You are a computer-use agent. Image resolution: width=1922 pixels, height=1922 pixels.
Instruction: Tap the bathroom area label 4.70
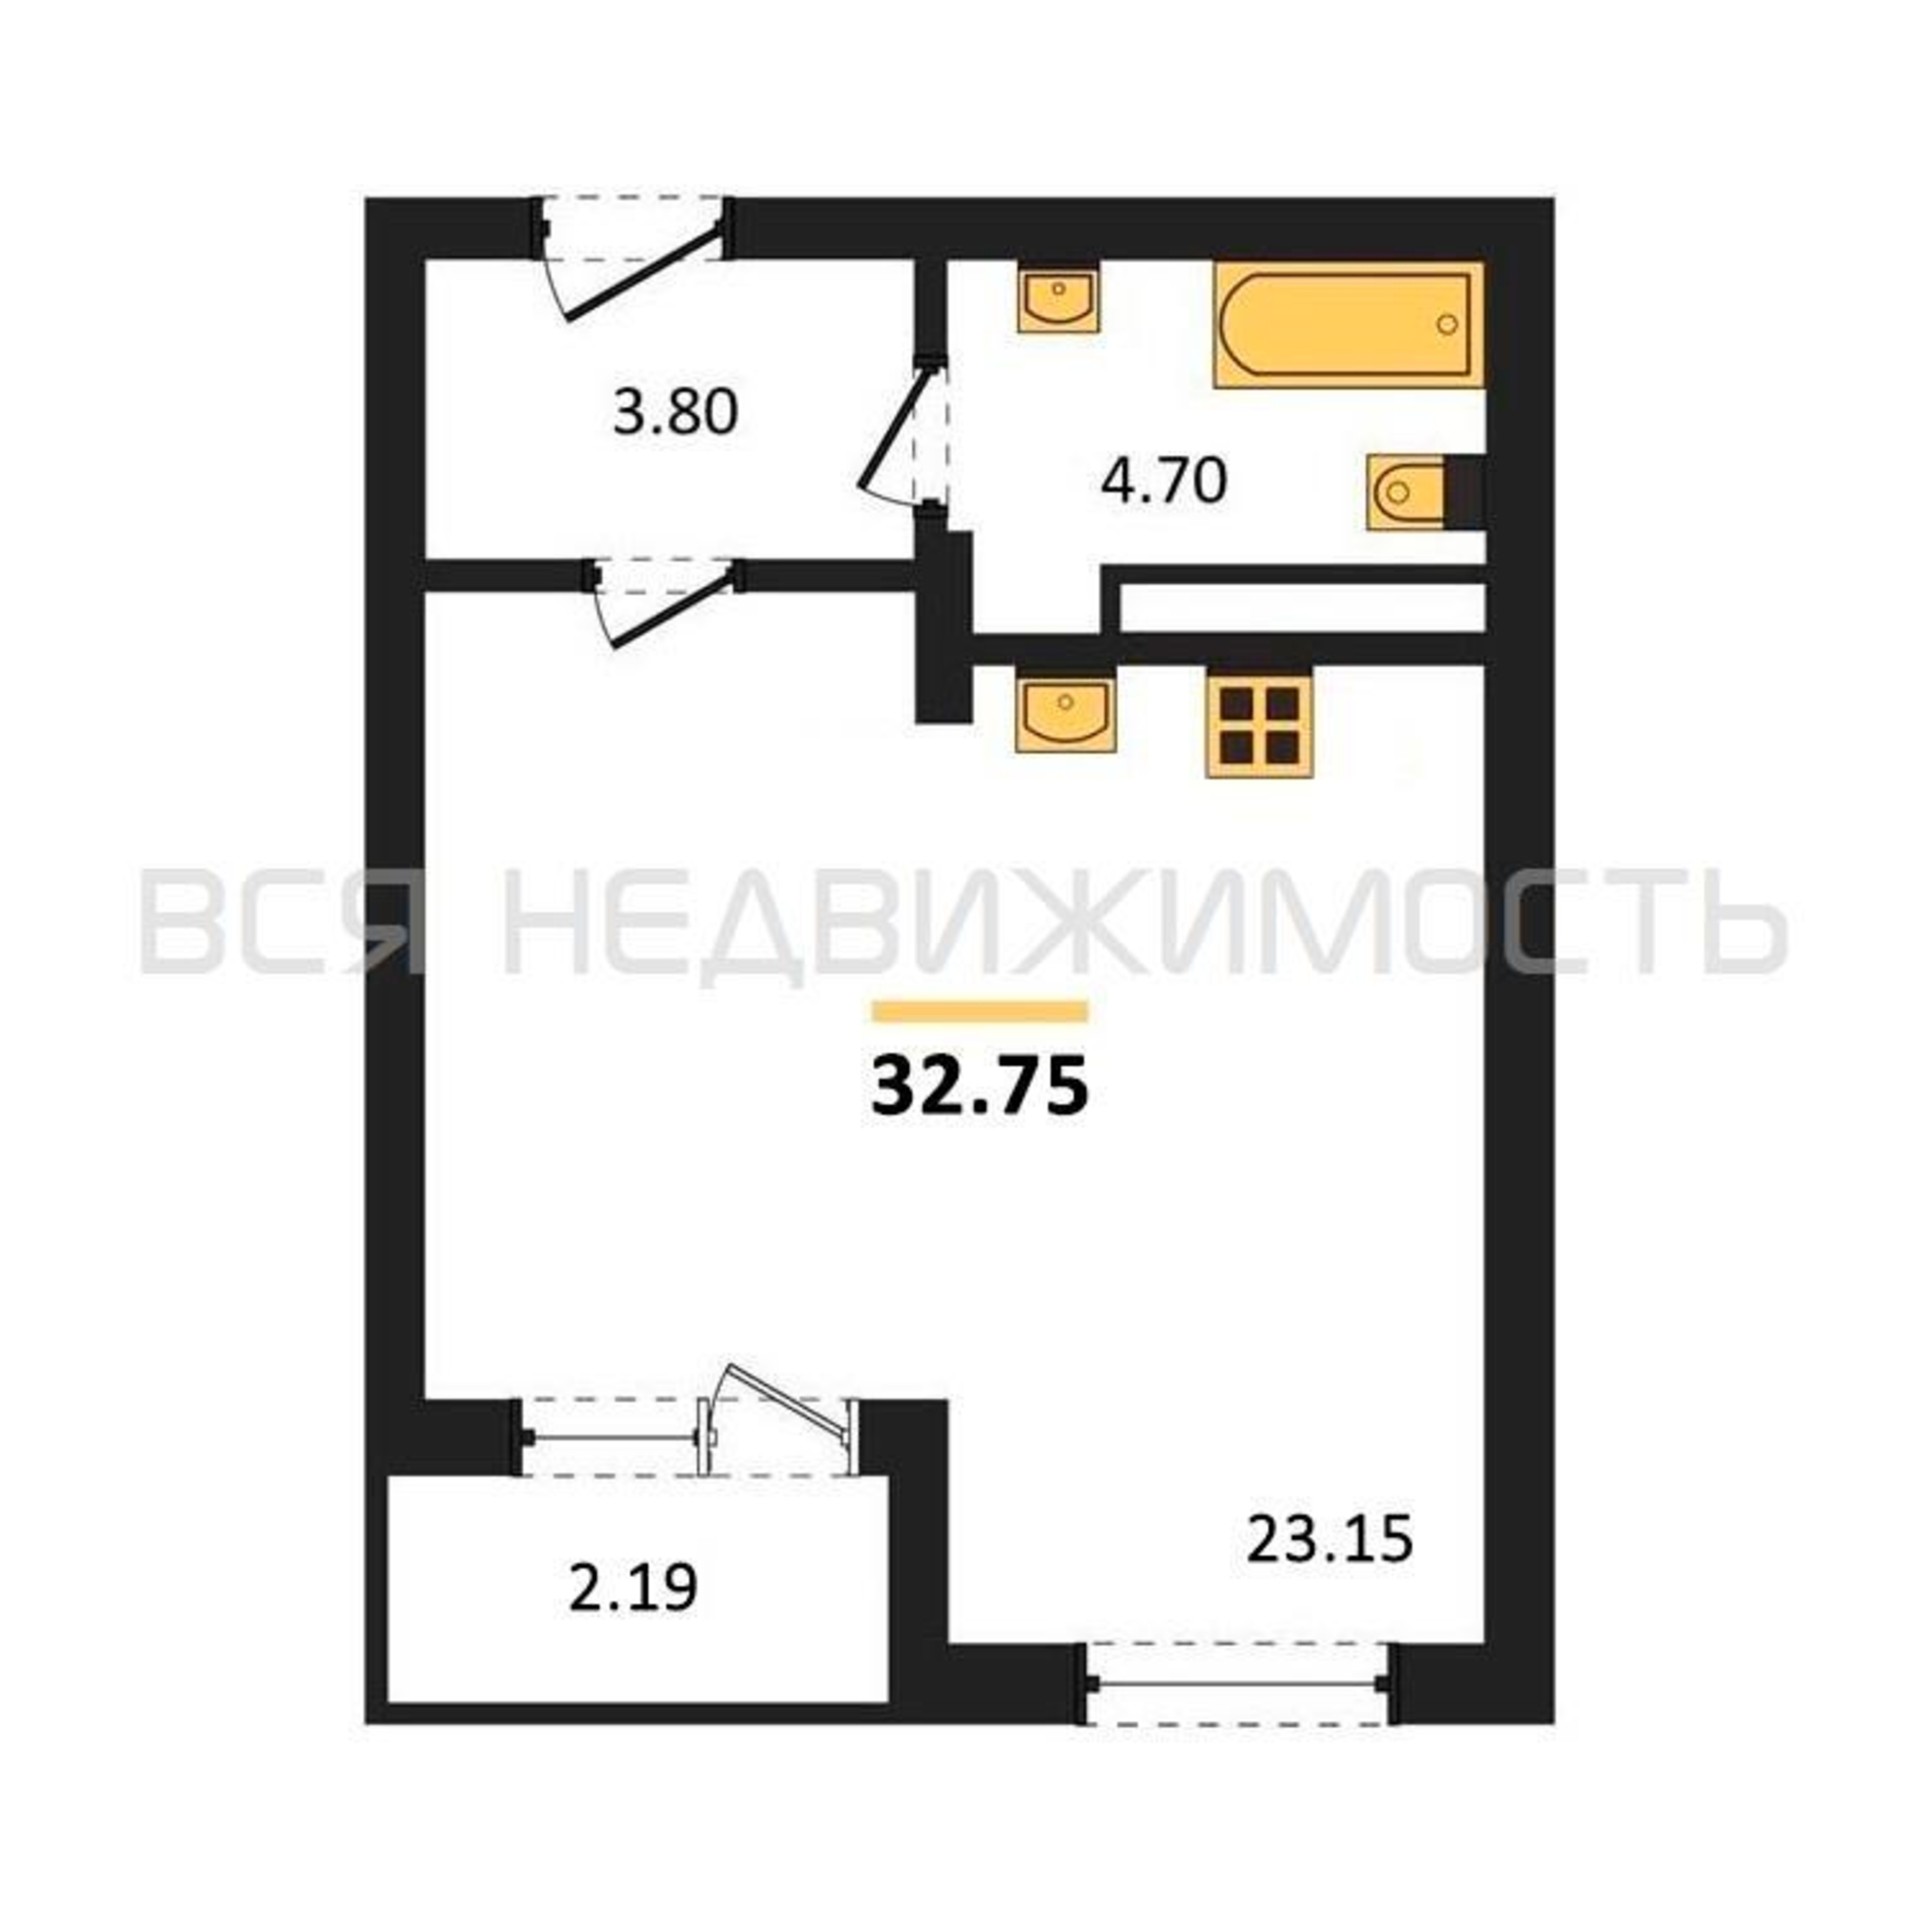(x=1164, y=481)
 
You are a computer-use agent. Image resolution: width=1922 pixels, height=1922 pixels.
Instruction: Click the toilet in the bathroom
(x=1425, y=491)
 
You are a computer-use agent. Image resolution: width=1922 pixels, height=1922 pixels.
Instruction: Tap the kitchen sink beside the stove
(x=1065, y=710)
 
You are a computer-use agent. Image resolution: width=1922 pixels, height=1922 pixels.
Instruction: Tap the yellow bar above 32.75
(x=980, y=1012)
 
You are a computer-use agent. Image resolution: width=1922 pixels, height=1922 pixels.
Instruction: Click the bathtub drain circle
(x=1447, y=324)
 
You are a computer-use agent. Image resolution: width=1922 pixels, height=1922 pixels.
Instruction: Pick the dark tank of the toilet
(x=1464, y=491)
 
